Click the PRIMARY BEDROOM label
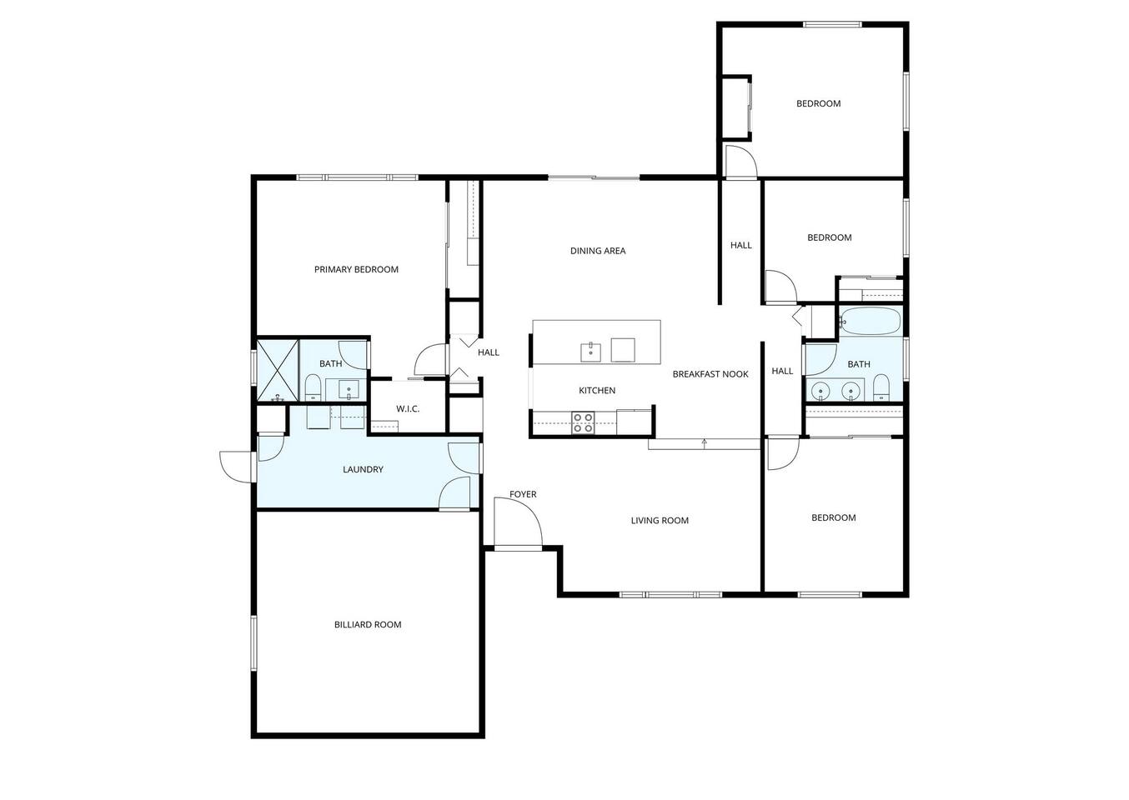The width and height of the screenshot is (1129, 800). (x=356, y=269)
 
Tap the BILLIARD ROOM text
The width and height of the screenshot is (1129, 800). (x=368, y=625)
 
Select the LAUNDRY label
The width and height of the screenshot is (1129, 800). (x=363, y=469)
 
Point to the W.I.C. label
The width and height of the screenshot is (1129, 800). (x=408, y=409)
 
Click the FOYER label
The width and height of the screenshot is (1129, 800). (x=523, y=494)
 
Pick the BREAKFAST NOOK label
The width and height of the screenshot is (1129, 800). (x=710, y=374)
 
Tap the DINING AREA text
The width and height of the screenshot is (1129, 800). (x=598, y=251)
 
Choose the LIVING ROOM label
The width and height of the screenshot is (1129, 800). (x=660, y=520)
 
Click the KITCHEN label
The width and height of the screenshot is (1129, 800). (x=597, y=391)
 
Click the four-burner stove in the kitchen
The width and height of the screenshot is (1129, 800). (x=583, y=423)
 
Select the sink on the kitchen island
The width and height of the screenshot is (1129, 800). (x=590, y=352)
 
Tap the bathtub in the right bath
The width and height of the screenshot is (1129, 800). (x=870, y=321)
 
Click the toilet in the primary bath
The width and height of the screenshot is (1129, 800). (x=313, y=387)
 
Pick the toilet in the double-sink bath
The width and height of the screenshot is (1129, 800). (x=881, y=387)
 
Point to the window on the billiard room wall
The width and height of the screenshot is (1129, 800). (x=253, y=642)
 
